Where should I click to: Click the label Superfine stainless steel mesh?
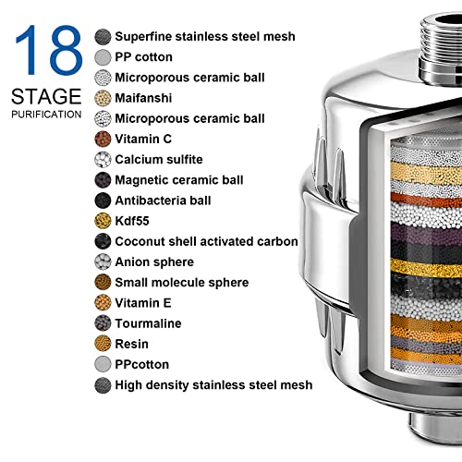click(204, 37)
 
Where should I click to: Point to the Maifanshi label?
click(144, 98)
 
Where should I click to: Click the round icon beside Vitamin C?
click(103, 139)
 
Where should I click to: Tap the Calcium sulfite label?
click(158, 159)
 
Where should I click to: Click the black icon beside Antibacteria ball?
click(103, 201)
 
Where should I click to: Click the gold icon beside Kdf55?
click(103, 221)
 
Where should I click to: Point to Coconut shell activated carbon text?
click(206, 241)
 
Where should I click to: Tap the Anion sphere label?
click(153, 261)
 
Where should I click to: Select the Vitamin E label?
click(145, 302)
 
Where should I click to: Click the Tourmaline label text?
click(148, 323)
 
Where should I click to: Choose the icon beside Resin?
click(103, 344)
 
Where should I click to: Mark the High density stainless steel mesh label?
click(213, 384)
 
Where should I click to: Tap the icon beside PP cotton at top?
click(103, 57)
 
